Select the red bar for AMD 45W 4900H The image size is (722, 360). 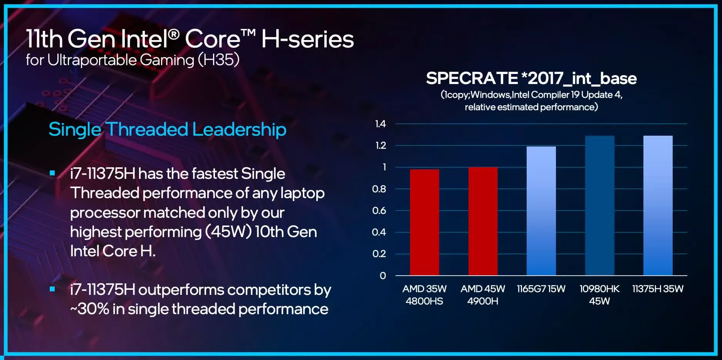point(483,221)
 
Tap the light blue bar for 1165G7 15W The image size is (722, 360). point(541,211)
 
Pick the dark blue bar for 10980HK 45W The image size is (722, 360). point(599,205)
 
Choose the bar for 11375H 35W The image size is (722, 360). point(658,205)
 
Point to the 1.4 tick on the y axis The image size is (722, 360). point(380,124)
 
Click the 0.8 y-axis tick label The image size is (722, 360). point(379,189)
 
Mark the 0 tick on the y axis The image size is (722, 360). point(383,276)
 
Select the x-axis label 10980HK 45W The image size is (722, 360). point(599,295)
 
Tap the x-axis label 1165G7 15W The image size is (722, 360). point(541,289)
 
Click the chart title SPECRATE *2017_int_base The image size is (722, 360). point(531,78)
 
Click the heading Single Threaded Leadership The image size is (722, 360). point(167,129)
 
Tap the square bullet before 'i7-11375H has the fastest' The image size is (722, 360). point(52,173)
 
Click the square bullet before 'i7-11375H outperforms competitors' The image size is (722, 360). point(52,289)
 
